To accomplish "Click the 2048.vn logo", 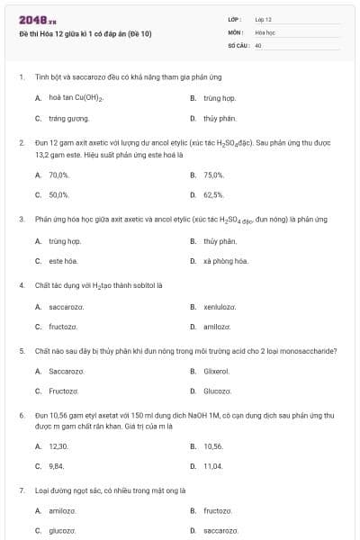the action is tap(38, 20).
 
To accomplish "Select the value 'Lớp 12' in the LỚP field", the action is tap(264, 19).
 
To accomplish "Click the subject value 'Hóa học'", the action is tap(265, 31).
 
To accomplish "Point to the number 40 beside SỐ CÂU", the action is tap(258, 44).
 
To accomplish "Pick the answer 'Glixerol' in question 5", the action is tap(217, 371).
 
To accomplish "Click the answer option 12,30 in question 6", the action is tap(58, 446).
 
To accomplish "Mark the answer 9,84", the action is tap(57, 466).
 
